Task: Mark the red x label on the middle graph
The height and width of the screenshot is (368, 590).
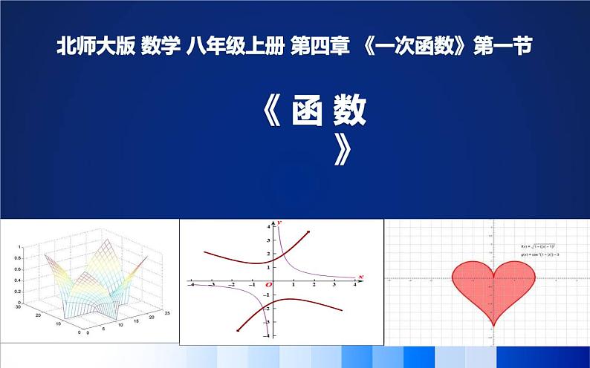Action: click(360, 276)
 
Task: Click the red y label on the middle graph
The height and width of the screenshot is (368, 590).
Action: click(278, 223)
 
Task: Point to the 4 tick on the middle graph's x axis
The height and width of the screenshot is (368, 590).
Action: click(354, 285)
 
